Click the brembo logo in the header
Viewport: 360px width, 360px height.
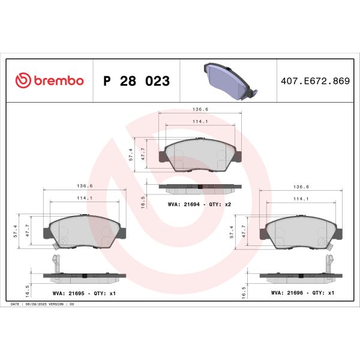point(49,80)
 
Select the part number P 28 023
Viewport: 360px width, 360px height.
point(136,80)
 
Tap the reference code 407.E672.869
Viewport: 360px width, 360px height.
point(315,80)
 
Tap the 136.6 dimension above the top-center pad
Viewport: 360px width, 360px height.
point(199,109)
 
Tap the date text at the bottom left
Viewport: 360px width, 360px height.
point(42,305)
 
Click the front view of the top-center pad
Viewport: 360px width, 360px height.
point(199,155)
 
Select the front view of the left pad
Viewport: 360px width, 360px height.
point(85,231)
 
